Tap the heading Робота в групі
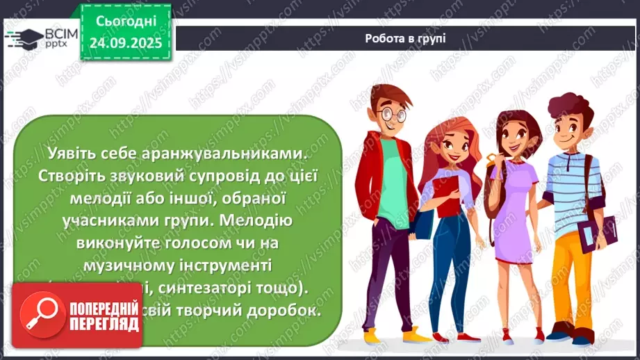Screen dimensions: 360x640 pos(405,38)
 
